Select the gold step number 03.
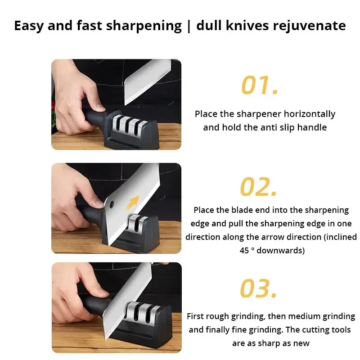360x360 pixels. (x=258, y=288)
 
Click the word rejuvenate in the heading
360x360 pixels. (x=310, y=26)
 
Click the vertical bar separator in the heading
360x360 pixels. (x=188, y=26)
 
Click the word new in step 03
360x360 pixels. (x=301, y=343)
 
